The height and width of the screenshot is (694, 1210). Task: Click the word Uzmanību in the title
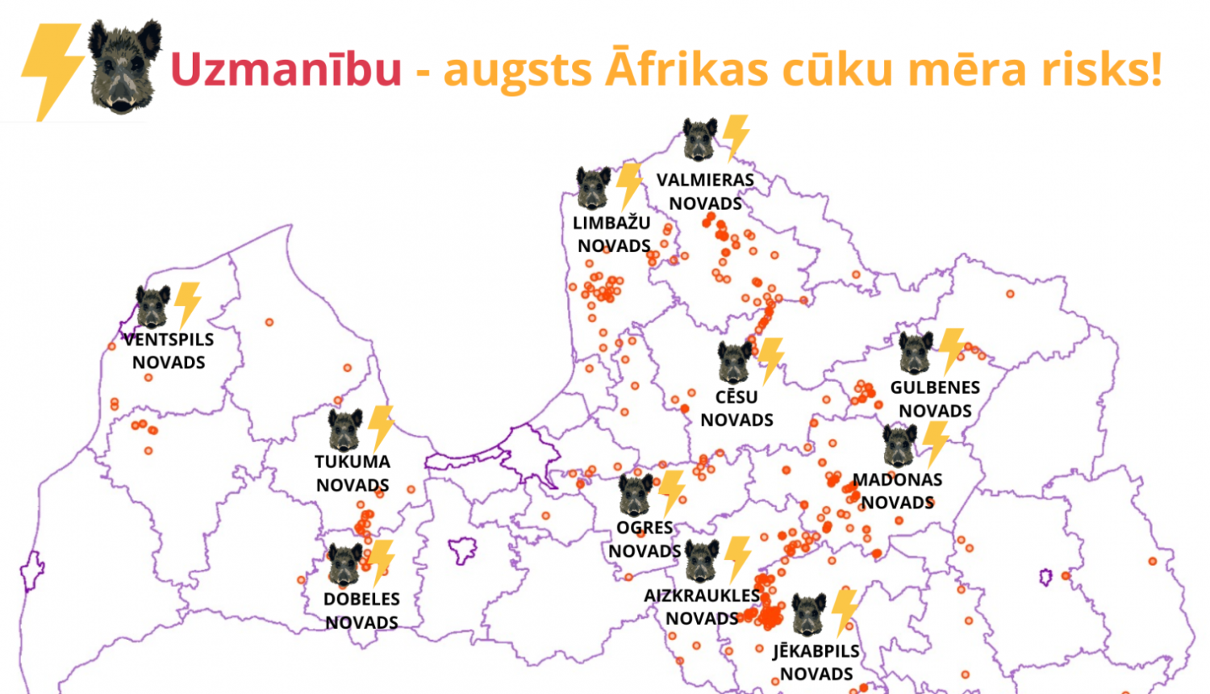click(286, 69)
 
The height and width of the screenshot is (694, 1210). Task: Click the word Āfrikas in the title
click(686, 68)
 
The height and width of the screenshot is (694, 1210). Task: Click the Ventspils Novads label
click(169, 351)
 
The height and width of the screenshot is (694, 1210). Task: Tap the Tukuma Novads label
click(353, 474)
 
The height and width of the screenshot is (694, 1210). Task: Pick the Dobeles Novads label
click(361, 610)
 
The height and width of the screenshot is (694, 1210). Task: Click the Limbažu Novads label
click(613, 234)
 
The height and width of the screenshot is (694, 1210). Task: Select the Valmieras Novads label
click(705, 191)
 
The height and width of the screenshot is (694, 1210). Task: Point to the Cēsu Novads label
click(736, 408)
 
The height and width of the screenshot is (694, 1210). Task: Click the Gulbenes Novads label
click(935, 399)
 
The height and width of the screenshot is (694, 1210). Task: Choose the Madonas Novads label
click(897, 491)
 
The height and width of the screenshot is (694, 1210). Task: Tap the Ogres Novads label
click(645, 539)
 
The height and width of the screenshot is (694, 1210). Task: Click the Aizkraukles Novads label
click(702, 607)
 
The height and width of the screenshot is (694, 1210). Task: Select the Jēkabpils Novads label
click(816, 662)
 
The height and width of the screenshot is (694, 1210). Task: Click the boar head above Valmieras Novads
click(699, 140)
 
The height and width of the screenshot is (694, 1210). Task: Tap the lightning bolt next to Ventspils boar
click(188, 304)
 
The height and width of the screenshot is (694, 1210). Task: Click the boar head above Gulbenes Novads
click(916, 353)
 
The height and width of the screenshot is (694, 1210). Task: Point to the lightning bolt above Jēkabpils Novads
click(845, 611)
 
